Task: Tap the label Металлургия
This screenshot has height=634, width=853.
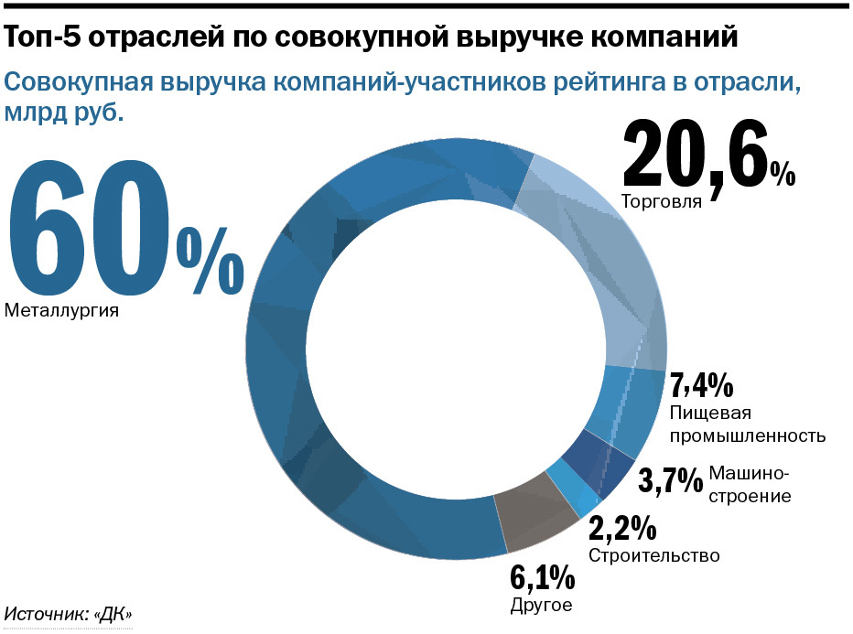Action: click(62, 311)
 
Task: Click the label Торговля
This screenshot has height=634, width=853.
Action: click(661, 201)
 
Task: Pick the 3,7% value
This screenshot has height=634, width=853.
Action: click(670, 479)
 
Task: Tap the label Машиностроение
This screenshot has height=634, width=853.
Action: click(750, 485)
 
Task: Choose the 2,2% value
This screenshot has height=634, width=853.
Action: click(622, 529)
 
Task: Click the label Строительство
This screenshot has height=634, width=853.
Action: click(653, 556)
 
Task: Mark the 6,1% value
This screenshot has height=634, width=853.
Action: click(542, 578)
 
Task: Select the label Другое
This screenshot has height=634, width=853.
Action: click(540, 606)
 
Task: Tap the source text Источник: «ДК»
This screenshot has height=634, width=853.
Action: click(69, 615)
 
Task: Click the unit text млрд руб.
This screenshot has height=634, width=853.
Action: click(64, 114)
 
